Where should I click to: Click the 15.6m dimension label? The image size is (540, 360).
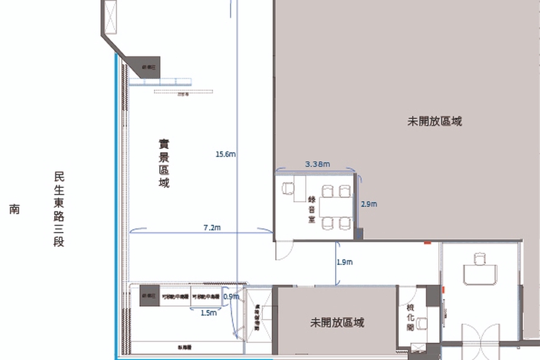tap(225, 154)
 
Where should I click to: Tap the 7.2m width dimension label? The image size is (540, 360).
tap(212, 228)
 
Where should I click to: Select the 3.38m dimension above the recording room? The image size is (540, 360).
tap(317, 164)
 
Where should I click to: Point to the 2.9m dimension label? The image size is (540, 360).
tap(369, 204)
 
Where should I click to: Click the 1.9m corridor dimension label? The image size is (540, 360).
tap(345, 262)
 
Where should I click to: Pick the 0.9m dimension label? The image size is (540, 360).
tap(231, 297)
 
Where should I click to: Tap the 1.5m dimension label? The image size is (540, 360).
tap(209, 313)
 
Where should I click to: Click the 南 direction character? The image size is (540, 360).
tap(14, 209)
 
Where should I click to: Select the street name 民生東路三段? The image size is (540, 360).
tap(59, 209)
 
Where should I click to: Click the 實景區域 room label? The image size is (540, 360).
tap(164, 163)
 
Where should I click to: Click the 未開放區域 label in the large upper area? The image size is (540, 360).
tap(435, 121)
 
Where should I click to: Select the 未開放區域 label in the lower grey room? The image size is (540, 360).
tap(337, 322)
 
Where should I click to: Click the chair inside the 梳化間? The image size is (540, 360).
tap(422, 323)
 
